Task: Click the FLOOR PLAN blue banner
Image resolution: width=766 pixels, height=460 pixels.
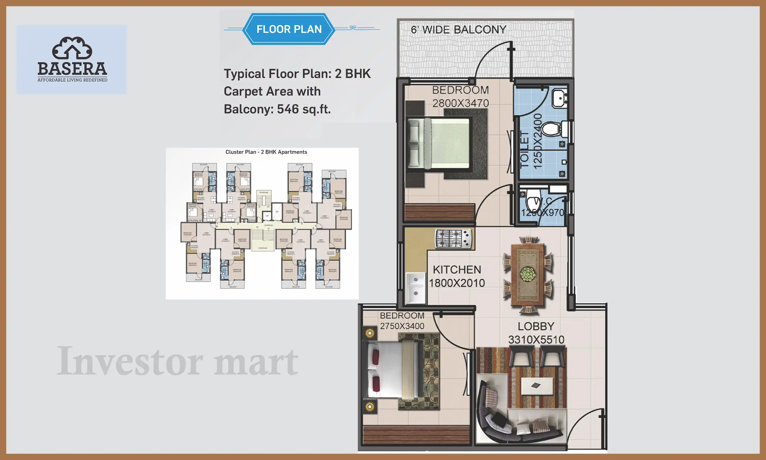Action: tap(289, 29)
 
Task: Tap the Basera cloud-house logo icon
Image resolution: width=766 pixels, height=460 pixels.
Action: tap(72, 48)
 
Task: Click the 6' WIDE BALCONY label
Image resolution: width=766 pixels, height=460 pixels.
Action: tap(458, 30)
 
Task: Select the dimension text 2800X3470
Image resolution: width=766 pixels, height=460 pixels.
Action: tap(460, 103)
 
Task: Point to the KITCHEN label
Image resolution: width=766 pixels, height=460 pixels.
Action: tap(457, 270)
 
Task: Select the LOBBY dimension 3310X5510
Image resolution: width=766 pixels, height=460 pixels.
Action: tap(536, 340)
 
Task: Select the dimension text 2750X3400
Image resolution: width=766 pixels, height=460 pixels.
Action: tap(402, 326)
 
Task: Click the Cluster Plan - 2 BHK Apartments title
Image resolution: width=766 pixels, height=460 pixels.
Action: tap(266, 152)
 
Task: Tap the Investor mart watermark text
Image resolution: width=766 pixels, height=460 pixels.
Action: tap(177, 361)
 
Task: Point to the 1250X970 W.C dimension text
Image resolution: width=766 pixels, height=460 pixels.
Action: tap(542, 213)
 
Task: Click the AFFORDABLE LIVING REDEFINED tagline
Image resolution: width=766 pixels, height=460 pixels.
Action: tap(72, 80)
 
